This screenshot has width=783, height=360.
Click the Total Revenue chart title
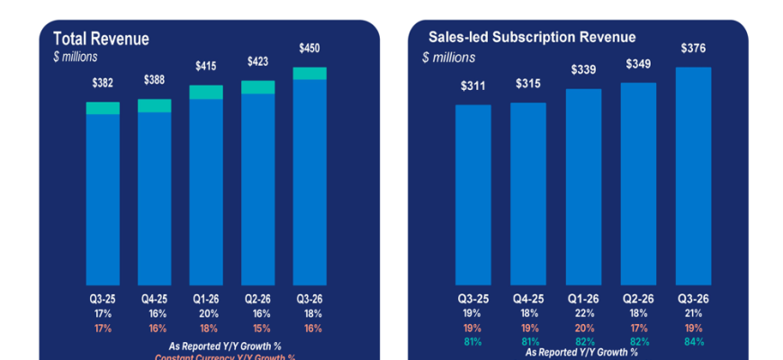(101, 39)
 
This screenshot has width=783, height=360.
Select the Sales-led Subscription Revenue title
(534, 37)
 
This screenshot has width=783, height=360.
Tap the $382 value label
(103, 82)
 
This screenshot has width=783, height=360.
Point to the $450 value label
(310, 48)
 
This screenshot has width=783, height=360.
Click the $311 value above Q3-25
(472, 86)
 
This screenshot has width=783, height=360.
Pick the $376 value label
(693, 49)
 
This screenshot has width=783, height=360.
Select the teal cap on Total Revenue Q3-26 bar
(310, 73)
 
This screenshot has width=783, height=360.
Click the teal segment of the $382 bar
(103, 108)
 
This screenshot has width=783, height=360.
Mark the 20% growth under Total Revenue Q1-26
(206, 313)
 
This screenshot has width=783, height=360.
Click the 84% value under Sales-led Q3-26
(693, 341)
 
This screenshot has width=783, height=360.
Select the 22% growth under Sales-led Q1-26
(583, 314)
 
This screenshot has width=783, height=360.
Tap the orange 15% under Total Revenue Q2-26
(258, 328)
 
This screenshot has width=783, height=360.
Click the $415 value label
(206, 66)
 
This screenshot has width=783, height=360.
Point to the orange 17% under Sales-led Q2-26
(638, 328)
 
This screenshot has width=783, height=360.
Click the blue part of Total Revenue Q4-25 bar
(155, 198)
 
